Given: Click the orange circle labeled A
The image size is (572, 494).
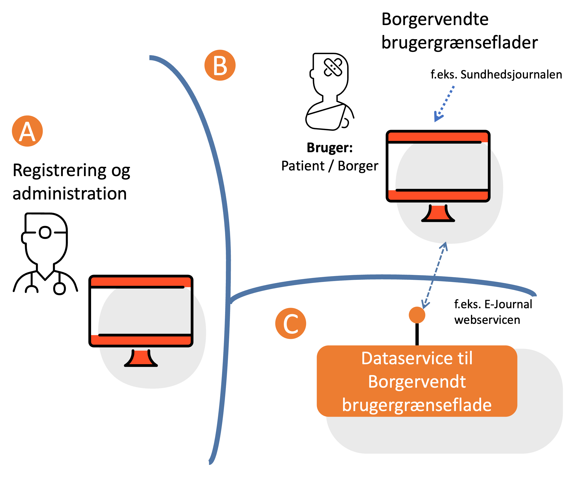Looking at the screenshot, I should pyautogui.click(x=27, y=131).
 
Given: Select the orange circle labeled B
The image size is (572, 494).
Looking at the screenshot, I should pyautogui.click(x=220, y=65).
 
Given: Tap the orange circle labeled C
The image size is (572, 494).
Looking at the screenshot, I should pyautogui.click(x=290, y=323).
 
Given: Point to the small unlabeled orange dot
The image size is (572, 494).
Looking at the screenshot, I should pyautogui.click(x=417, y=315).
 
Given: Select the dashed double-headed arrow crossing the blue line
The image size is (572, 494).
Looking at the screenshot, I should pyautogui.click(x=435, y=275).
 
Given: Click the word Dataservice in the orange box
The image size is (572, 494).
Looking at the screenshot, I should pyautogui.click(x=407, y=358).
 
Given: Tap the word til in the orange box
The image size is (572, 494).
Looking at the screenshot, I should pyautogui.click(x=465, y=358).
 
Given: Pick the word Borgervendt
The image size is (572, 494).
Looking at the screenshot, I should pyautogui.click(x=417, y=382).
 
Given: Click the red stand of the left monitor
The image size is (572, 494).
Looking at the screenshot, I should pyautogui.click(x=141, y=359).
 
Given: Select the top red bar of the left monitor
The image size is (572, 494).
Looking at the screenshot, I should pyautogui.click(x=141, y=282).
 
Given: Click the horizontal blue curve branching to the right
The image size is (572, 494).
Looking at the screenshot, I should pyautogui.click(x=381, y=277).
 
